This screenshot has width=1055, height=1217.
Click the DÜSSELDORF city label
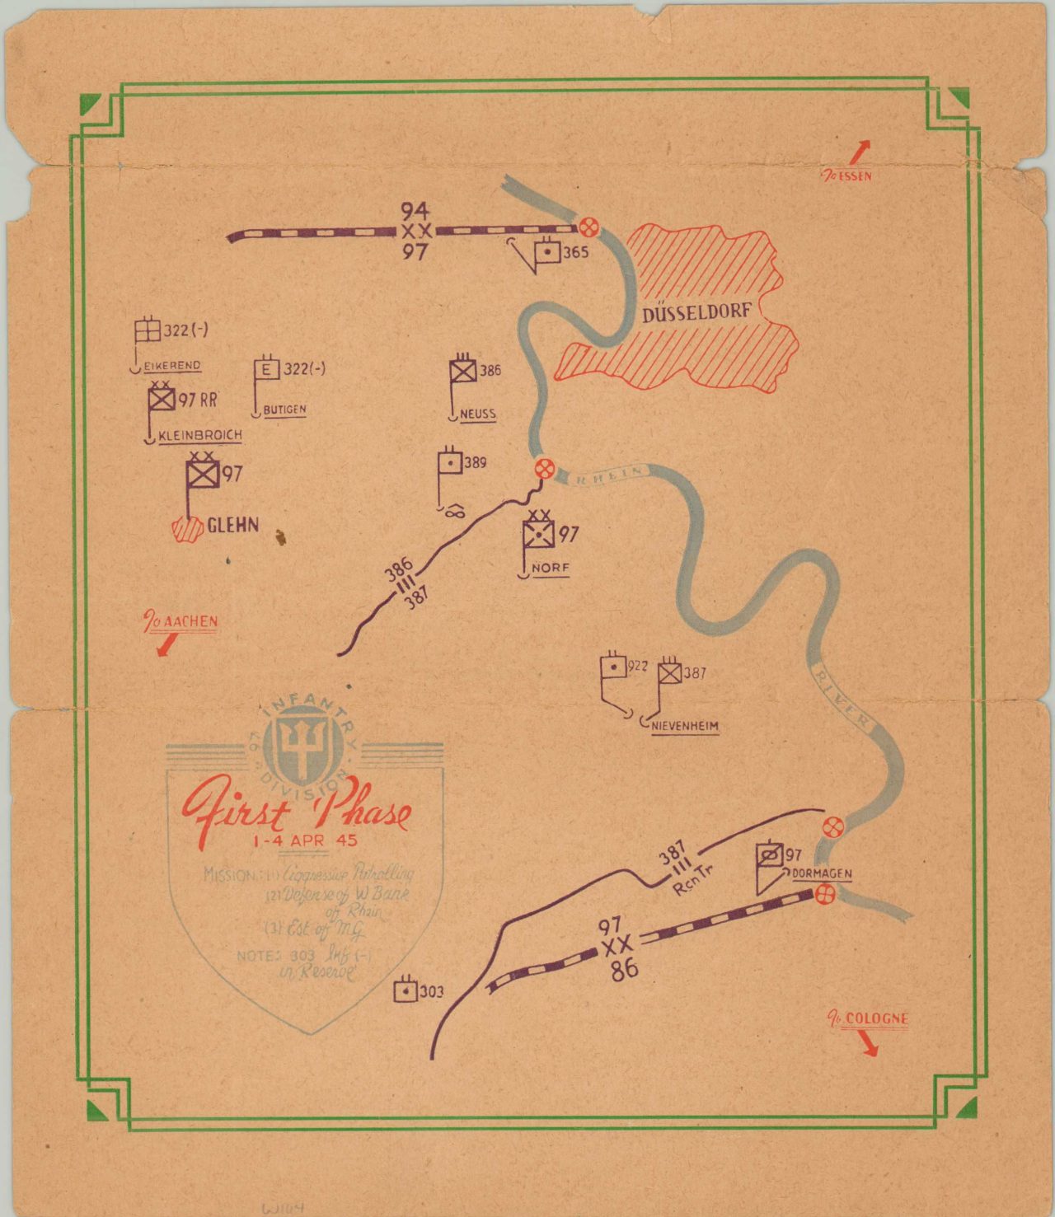click(696, 313)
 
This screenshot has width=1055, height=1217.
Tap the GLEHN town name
click(232, 525)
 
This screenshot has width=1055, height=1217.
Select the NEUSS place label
click(478, 413)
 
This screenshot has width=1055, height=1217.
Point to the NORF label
click(551, 568)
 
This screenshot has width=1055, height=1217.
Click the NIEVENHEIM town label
click(684, 726)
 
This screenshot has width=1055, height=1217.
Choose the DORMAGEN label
click(822, 873)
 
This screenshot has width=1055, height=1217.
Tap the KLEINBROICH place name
click(199, 435)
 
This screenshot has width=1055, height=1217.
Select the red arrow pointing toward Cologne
click(867, 1044)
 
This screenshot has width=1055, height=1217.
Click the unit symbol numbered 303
click(406, 990)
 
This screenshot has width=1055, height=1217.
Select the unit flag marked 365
click(548, 252)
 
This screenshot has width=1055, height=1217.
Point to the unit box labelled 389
click(450, 463)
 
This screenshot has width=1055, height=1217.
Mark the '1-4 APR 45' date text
click(305, 841)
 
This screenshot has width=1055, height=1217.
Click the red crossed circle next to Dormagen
click(824, 894)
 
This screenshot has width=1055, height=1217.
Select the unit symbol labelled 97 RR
click(162, 400)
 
